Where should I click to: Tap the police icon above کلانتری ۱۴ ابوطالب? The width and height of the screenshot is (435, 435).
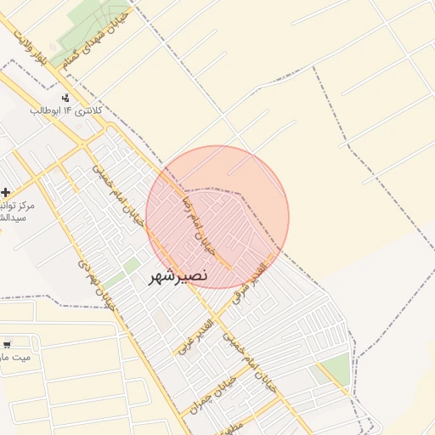pos(67,99)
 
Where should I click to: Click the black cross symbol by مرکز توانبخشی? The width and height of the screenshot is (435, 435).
pos(6,193)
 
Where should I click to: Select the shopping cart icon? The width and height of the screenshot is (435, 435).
pos(7,345)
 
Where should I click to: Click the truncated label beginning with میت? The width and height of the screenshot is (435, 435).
pos(15,358)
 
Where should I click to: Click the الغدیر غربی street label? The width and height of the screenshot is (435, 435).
pos(195,334)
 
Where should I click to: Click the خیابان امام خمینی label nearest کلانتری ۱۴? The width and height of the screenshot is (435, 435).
pos(119,195)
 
